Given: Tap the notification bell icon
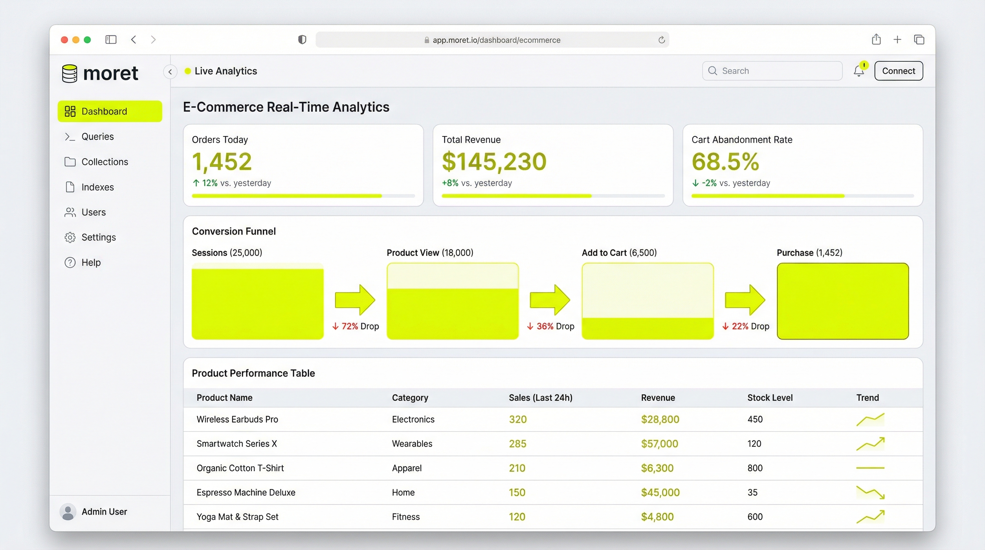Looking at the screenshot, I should [x=859, y=71].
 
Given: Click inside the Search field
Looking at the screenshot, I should [x=776, y=71].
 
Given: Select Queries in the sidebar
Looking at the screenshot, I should [x=97, y=136].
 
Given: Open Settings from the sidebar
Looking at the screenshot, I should [x=98, y=237].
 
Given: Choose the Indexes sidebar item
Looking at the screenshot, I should [x=97, y=187].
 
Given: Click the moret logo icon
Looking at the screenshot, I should [x=69, y=73].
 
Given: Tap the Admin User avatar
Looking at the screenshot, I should [x=68, y=512].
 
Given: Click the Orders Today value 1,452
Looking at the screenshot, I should [x=222, y=161].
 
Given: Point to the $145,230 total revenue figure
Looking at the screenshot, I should [x=494, y=161].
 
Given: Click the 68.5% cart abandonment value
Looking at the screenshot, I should [x=725, y=161].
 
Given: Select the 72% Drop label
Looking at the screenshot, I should [x=356, y=326].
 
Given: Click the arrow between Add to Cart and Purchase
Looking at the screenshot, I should [x=745, y=300].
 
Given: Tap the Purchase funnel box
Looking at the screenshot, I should [x=843, y=301].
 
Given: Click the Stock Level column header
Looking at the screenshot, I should [x=770, y=398].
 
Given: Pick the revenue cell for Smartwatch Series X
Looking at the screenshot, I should [x=659, y=444].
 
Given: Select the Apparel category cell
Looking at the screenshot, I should [x=407, y=468].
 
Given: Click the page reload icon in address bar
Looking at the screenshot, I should [x=661, y=40].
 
